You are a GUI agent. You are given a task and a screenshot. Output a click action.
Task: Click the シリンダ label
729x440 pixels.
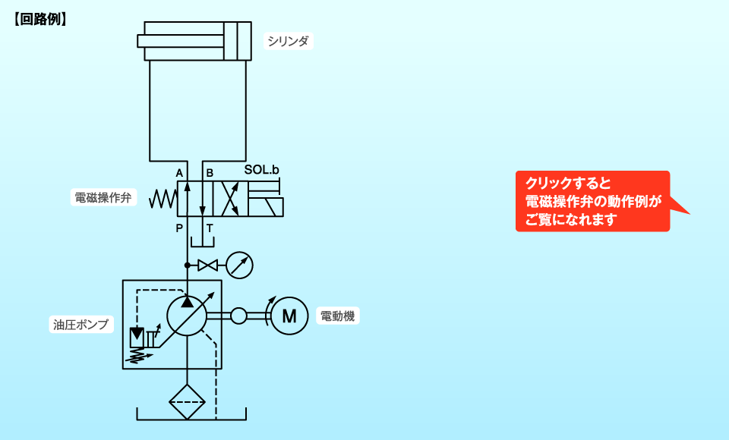[289, 41]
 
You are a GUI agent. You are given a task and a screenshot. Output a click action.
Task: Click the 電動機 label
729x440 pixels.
[337, 316]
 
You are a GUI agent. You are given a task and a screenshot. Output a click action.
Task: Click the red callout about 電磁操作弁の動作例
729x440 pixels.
[592, 201]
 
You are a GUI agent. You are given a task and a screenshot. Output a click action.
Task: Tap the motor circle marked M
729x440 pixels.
[289, 316]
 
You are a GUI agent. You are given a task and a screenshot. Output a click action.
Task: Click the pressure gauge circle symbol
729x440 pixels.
[239, 266]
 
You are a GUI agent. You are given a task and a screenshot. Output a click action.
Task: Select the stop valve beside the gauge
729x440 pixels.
[207, 266]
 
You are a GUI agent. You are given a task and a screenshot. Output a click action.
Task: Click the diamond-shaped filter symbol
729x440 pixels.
[187, 401]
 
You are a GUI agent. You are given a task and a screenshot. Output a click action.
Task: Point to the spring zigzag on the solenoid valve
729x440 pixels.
[163, 199]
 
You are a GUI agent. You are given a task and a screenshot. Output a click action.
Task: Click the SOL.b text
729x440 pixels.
[262, 171]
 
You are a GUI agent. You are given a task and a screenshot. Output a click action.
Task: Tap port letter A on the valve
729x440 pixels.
[179, 172]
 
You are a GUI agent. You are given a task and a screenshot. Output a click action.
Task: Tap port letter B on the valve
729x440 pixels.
[210, 172]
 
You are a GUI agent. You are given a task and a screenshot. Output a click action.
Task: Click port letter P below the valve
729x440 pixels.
[179, 228]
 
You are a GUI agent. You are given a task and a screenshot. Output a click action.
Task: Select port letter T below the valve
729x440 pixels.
[210, 228]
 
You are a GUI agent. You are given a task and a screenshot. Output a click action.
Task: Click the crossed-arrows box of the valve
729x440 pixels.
[229, 199]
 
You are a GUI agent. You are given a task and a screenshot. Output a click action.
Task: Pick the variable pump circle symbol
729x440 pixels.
[187, 316]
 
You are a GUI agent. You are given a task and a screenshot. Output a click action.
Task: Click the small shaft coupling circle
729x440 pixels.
[238, 316]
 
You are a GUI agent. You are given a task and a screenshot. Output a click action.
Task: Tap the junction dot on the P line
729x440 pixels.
[187, 266]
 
